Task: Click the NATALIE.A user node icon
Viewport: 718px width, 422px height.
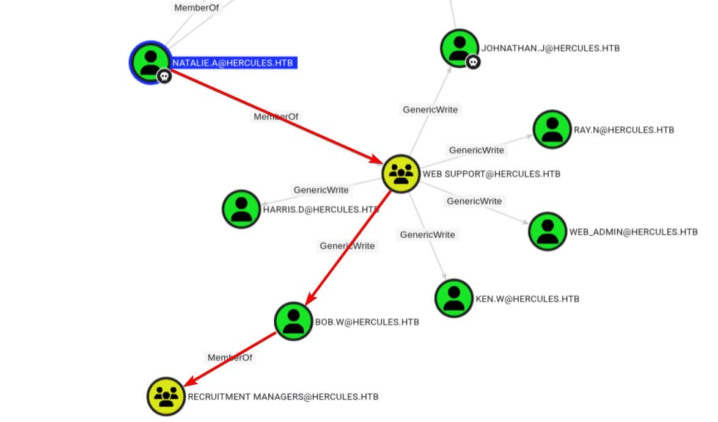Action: pyautogui.click(x=150, y=61)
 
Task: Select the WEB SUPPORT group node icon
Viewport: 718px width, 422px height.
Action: pyautogui.click(x=400, y=173)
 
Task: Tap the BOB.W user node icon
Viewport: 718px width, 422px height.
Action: pyautogui.click(x=293, y=321)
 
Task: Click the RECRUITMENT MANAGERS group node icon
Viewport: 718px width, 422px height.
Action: pyautogui.click(x=166, y=396)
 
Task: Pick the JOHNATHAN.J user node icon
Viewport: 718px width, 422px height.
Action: pyautogui.click(x=459, y=48)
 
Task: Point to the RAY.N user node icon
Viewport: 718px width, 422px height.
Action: pyautogui.click(x=552, y=129)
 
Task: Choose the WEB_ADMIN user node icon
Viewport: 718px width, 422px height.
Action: pyautogui.click(x=547, y=231)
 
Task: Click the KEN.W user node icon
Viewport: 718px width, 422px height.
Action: pyautogui.click(x=453, y=298)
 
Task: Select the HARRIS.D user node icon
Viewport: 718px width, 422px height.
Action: pyautogui.click(x=241, y=209)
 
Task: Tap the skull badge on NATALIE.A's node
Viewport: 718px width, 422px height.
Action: pyautogui.click(x=164, y=76)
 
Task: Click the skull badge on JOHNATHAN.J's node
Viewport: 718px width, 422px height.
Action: pyautogui.click(x=473, y=62)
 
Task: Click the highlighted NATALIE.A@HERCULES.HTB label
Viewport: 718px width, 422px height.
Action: pyautogui.click(x=234, y=63)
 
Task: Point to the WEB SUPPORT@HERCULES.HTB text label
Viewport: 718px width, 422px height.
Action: pyautogui.click(x=491, y=174)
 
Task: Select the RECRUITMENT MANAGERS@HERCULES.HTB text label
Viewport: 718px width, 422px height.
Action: pyautogui.click(x=283, y=397)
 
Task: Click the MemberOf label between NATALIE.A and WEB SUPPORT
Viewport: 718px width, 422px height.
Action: pyautogui.click(x=277, y=116)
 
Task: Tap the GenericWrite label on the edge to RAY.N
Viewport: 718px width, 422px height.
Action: pyautogui.click(x=477, y=150)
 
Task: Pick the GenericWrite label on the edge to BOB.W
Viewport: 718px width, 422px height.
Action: pyautogui.click(x=347, y=246)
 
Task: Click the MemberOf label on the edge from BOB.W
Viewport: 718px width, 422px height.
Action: pyautogui.click(x=230, y=357)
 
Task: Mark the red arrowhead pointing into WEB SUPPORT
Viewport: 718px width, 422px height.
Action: pyautogui.click(x=375, y=160)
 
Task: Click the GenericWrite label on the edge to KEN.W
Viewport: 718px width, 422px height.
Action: pyautogui.click(x=427, y=235)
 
